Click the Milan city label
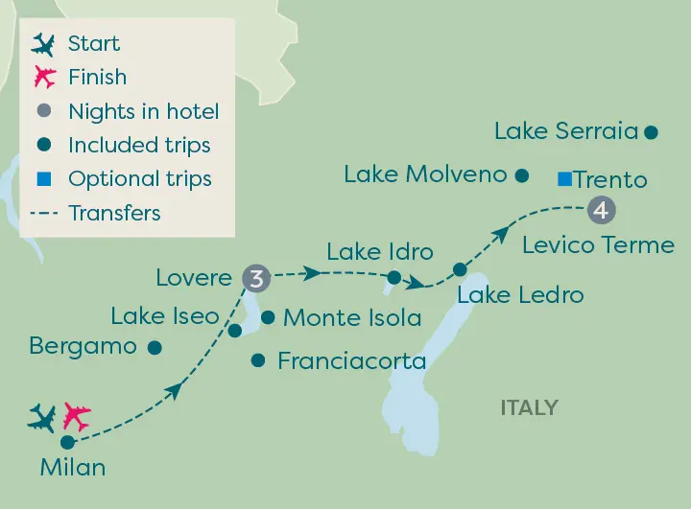click(73, 468)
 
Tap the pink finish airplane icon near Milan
click(76, 418)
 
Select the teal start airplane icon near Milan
click(42, 418)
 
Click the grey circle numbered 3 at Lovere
click(255, 278)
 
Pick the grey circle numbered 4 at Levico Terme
click(600, 208)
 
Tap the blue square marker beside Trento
click(564, 178)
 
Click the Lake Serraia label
click(565, 131)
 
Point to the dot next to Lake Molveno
click(522, 174)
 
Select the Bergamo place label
click(83, 346)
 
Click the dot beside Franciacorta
click(257, 360)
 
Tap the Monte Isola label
click(352, 317)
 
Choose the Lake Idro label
click(380, 253)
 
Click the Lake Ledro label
click(520, 293)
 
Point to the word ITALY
click(529, 408)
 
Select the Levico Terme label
click(598, 244)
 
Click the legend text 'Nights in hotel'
click(144, 111)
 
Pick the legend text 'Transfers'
click(114, 213)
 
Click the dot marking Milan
click(67, 442)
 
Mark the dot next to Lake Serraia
click(651, 132)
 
